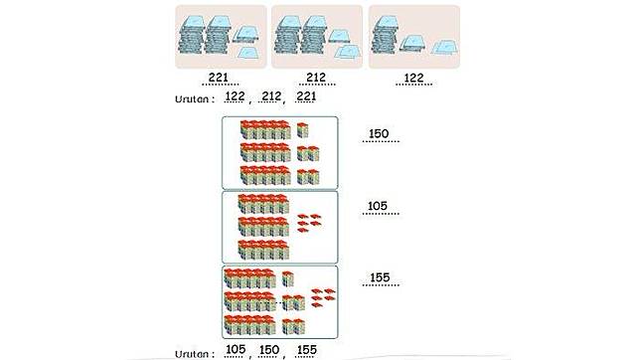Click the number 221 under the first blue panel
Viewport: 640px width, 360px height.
(x=219, y=77)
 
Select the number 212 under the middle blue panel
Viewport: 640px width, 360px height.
(x=316, y=77)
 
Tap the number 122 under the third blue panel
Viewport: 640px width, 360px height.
(x=413, y=78)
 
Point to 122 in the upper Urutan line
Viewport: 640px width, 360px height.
(x=236, y=96)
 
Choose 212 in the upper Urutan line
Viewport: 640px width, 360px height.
(x=271, y=96)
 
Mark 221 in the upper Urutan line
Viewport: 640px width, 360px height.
(x=306, y=96)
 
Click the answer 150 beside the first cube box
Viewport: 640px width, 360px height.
(x=379, y=133)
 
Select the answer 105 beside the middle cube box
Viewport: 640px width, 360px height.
(x=378, y=206)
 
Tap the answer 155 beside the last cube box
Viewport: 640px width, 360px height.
(x=380, y=277)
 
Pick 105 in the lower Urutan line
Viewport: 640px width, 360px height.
(x=236, y=350)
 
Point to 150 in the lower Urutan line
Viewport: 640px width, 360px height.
(x=269, y=350)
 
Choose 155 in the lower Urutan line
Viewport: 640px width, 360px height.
(x=307, y=350)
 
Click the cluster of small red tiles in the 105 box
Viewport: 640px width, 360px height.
(x=309, y=223)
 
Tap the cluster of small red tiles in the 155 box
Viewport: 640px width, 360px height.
(x=323, y=297)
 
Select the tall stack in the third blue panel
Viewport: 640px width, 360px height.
(x=385, y=35)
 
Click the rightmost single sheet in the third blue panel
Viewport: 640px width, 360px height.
(x=445, y=48)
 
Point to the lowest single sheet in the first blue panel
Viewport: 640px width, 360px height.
(x=248, y=53)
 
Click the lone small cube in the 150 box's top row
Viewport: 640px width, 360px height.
(x=302, y=130)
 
